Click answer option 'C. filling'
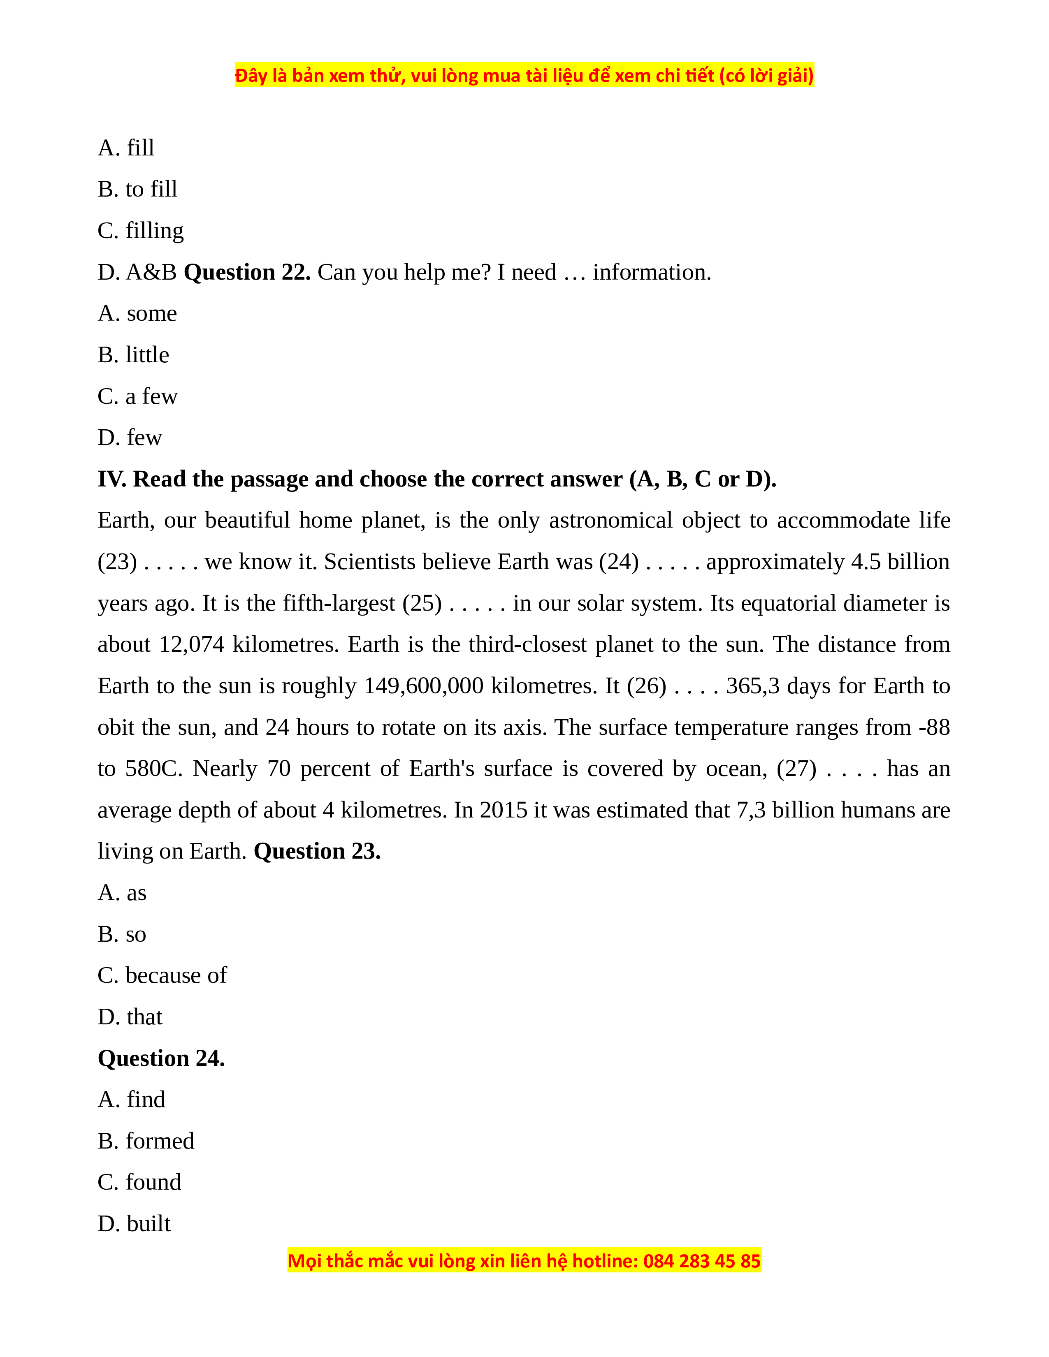tap(140, 231)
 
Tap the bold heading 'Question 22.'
tap(247, 273)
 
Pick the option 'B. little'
tap(133, 355)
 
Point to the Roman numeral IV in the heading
tap(111, 479)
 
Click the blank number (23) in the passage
tap(118, 562)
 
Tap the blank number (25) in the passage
tap(422, 603)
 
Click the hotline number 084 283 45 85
tap(702, 1261)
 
